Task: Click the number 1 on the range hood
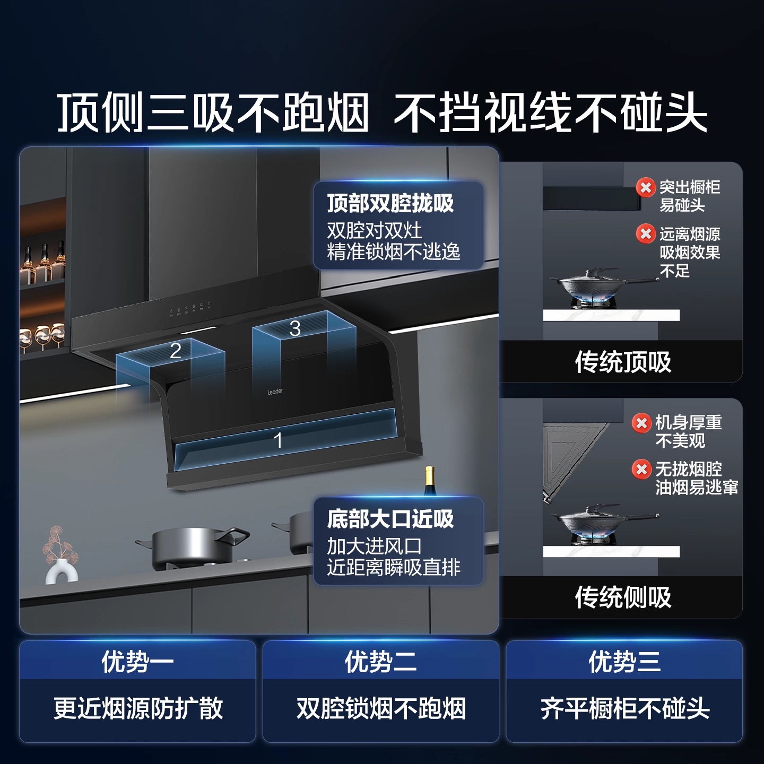pos(278,440)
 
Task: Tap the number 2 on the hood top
pos(176,351)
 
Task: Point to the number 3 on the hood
pos(295,328)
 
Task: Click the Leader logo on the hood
pos(275,392)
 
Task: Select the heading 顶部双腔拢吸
pos(390,203)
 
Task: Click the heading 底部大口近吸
pos(390,519)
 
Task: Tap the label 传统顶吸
pos(623,362)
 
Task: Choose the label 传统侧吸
pos(623,597)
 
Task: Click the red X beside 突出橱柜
pos(646,187)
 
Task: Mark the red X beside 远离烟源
pos(646,233)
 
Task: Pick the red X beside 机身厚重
pos(641,423)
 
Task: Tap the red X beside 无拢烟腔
pos(641,469)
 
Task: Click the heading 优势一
pos(137,662)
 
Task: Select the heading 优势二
pos(380,662)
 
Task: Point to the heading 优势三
pos(624,662)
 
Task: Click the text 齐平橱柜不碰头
pos(624,708)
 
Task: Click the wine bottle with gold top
pos(430,481)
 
